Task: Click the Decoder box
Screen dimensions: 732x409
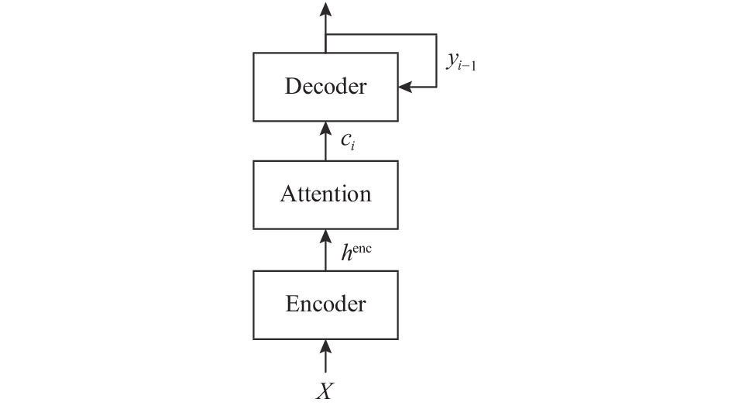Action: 325,87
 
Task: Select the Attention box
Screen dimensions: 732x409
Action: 325,195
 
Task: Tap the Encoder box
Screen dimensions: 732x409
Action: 325,305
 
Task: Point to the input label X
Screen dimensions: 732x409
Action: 325,391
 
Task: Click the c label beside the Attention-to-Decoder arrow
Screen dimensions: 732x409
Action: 346,139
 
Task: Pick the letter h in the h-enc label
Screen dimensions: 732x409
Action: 346,253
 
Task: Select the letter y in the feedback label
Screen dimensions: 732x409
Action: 452,60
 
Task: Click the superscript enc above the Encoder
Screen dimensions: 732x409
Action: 363,248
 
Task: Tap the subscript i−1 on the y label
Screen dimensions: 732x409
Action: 467,67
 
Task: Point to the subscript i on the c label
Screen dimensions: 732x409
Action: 353,146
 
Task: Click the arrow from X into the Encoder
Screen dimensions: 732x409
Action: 325,356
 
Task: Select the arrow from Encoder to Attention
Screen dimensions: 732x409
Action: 325,250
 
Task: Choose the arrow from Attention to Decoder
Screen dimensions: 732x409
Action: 325,142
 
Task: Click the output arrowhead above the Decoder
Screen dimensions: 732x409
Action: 325,9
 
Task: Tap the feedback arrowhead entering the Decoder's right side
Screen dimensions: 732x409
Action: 405,87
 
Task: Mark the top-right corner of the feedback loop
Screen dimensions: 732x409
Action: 437,34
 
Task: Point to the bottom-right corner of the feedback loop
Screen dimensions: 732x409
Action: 437,87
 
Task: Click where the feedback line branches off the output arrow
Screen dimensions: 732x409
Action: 325,34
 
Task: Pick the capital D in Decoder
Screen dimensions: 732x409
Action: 292,87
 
